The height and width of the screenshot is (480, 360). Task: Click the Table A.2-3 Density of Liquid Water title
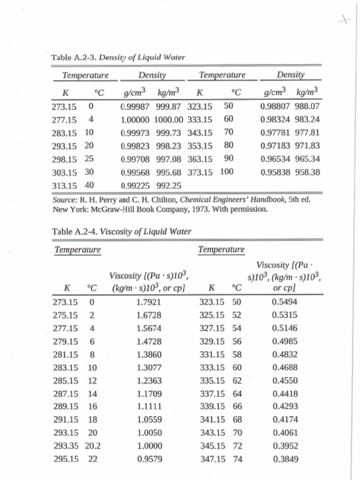(x=118, y=58)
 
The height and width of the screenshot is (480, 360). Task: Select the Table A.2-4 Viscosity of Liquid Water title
(x=121, y=231)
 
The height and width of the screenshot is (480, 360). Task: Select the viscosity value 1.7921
(x=149, y=302)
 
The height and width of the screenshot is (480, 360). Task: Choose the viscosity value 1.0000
(x=149, y=446)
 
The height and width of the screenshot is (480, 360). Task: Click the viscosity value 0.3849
(x=285, y=459)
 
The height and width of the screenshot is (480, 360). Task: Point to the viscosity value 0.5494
(x=285, y=302)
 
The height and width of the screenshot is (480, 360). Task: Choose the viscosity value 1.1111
(x=149, y=406)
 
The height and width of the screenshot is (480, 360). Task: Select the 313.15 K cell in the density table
(x=64, y=185)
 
